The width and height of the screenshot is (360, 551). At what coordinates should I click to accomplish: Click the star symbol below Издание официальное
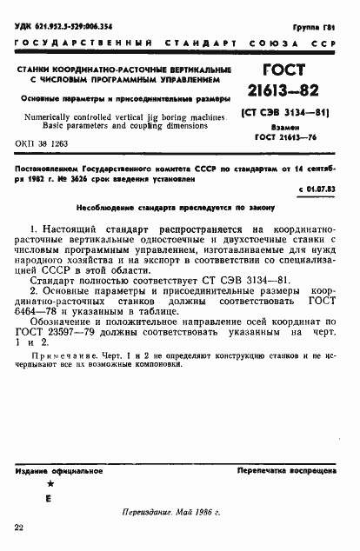point(50,483)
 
